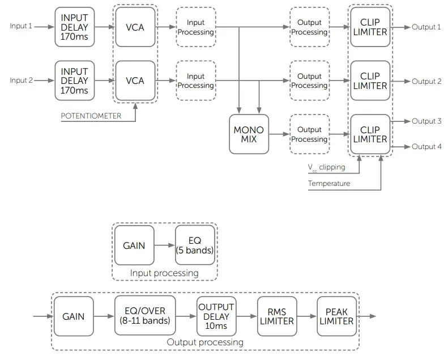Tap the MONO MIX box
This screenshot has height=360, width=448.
tap(249, 134)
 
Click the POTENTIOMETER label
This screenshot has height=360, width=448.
tap(91, 116)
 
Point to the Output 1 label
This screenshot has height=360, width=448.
tap(426, 27)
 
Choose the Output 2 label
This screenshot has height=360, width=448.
tap(426, 81)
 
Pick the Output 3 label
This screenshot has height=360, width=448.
tap(426, 121)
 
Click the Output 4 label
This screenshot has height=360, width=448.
tap(426, 147)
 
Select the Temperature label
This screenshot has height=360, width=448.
tap(329, 184)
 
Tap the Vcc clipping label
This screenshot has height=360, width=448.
tap(326, 168)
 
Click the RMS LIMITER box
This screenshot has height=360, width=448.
tap(276, 316)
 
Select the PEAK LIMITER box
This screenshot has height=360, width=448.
tap(336, 316)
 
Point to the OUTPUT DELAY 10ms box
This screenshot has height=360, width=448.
tap(216, 316)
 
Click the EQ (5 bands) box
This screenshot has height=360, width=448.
tap(195, 245)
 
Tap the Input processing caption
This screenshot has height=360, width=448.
tap(164, 273)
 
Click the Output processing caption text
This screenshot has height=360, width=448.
tap(205, 342)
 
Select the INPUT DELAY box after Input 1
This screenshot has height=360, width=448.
tap(75, 27)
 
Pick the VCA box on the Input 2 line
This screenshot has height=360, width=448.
tap(135, 81)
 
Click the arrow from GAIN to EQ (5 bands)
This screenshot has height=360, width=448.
tap(165, 245)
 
